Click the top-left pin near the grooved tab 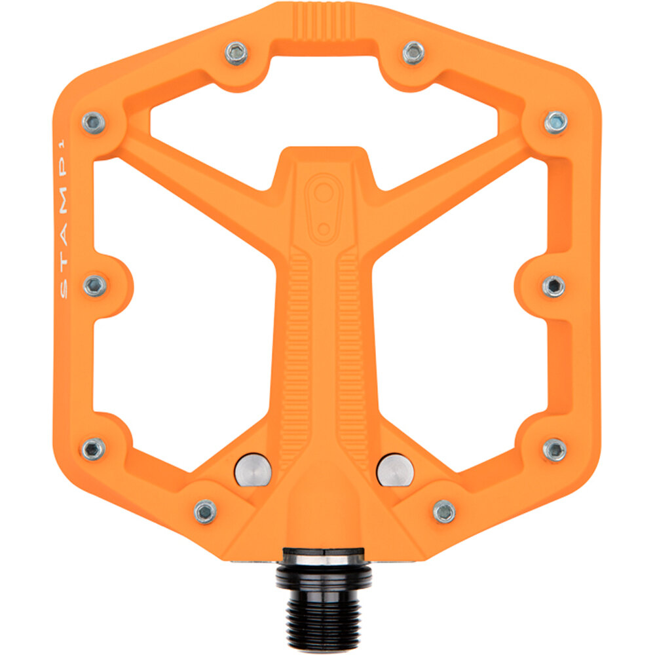click(x=236, y=52)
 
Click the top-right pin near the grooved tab click(x=413, y=52)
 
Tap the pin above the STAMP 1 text click(x=94, y=122)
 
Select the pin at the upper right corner click(x=555, y=122)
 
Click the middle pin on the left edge click(x=95, y=285)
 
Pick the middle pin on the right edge click(x=553, y=286)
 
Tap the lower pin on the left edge click(x=94, y=449)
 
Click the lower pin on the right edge click(x=554, y=449)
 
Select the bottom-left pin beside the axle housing click(x=205, y=511)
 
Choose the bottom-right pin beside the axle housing click(x=444, y=511)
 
